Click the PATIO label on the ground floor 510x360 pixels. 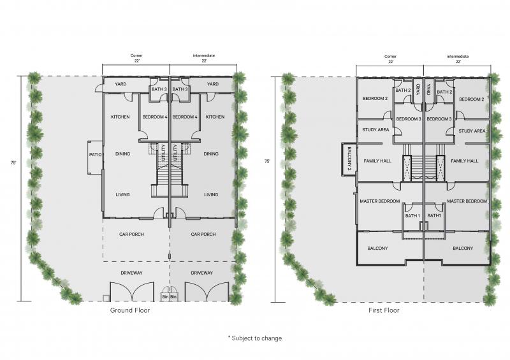(x=95, y=154)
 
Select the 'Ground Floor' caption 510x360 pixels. (x=130, y=310)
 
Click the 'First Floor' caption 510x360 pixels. (x=384, y=310)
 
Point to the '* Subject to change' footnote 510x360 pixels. (x=255, y=338)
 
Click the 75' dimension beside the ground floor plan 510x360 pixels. (x=13, y=163)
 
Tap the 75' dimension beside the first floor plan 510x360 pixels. (x=267, y=161)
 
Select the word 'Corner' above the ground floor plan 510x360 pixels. (x=136, y=55)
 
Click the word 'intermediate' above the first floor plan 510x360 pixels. (x=458, y=56)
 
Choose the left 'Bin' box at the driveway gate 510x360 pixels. (x=165, y=297)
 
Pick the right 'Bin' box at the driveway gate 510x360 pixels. (x=173, y=297)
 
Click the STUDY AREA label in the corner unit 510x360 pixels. (x=375, y=129)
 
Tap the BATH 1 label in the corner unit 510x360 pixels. (x=412, y=215)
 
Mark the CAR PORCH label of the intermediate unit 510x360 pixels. (x=203, y=234)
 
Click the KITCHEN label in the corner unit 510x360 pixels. (x=120, y=117)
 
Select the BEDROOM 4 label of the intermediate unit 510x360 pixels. (x=185, y=117)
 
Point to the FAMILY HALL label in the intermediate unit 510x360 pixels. (x=465, y=161)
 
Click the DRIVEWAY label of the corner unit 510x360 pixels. (x=131, y=273)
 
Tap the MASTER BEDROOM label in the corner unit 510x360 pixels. (x=380, y=201)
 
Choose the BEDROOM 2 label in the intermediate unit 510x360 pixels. (x=471, y=99)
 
